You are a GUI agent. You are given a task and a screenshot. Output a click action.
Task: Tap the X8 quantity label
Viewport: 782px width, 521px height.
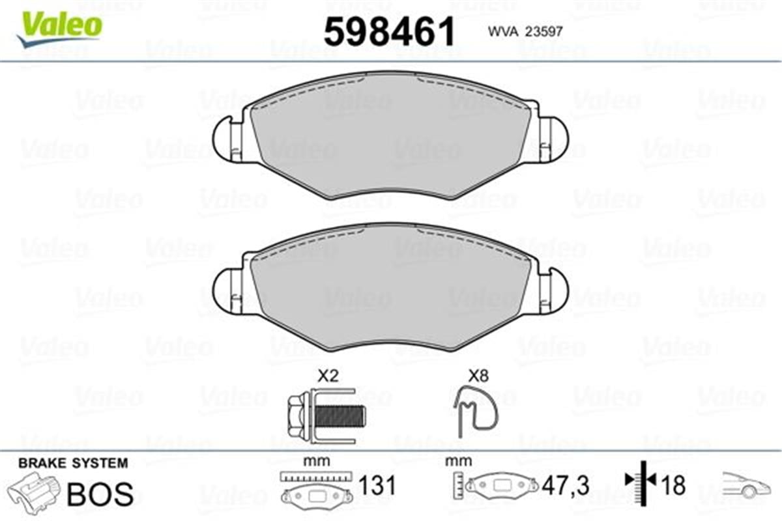pos(478,376)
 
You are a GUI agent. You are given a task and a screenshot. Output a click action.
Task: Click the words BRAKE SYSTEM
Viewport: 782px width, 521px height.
pos(73,463)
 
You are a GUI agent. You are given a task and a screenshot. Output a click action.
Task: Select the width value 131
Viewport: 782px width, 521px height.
pos(378,485)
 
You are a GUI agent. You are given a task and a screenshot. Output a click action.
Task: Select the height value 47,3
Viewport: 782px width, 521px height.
pos(566,485)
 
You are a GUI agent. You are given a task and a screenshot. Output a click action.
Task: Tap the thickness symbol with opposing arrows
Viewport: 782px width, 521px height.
pos(641,481)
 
